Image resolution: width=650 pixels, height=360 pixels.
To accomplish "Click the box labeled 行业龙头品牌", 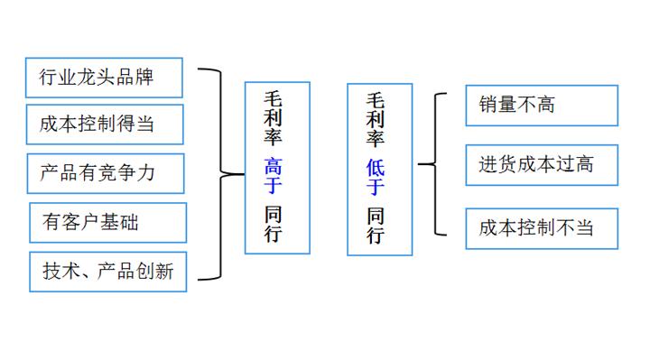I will tap(104, 78).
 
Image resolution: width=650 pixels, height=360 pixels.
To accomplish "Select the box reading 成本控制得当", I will tap(104, 125).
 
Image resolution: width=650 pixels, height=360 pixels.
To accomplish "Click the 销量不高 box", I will tap(541, 106).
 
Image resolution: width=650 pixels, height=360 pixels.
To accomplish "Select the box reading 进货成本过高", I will tap(541, 164).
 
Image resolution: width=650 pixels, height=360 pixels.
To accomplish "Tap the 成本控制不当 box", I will tap(541, 228).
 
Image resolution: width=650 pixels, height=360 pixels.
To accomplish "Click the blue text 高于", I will tap(274, 176).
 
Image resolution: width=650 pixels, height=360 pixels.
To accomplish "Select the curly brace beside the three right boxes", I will tap(432, 164).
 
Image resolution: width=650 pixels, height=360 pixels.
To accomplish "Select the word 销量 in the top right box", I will tap(497, 106).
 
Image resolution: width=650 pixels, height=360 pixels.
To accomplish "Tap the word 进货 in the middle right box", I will tap(497, 164).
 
